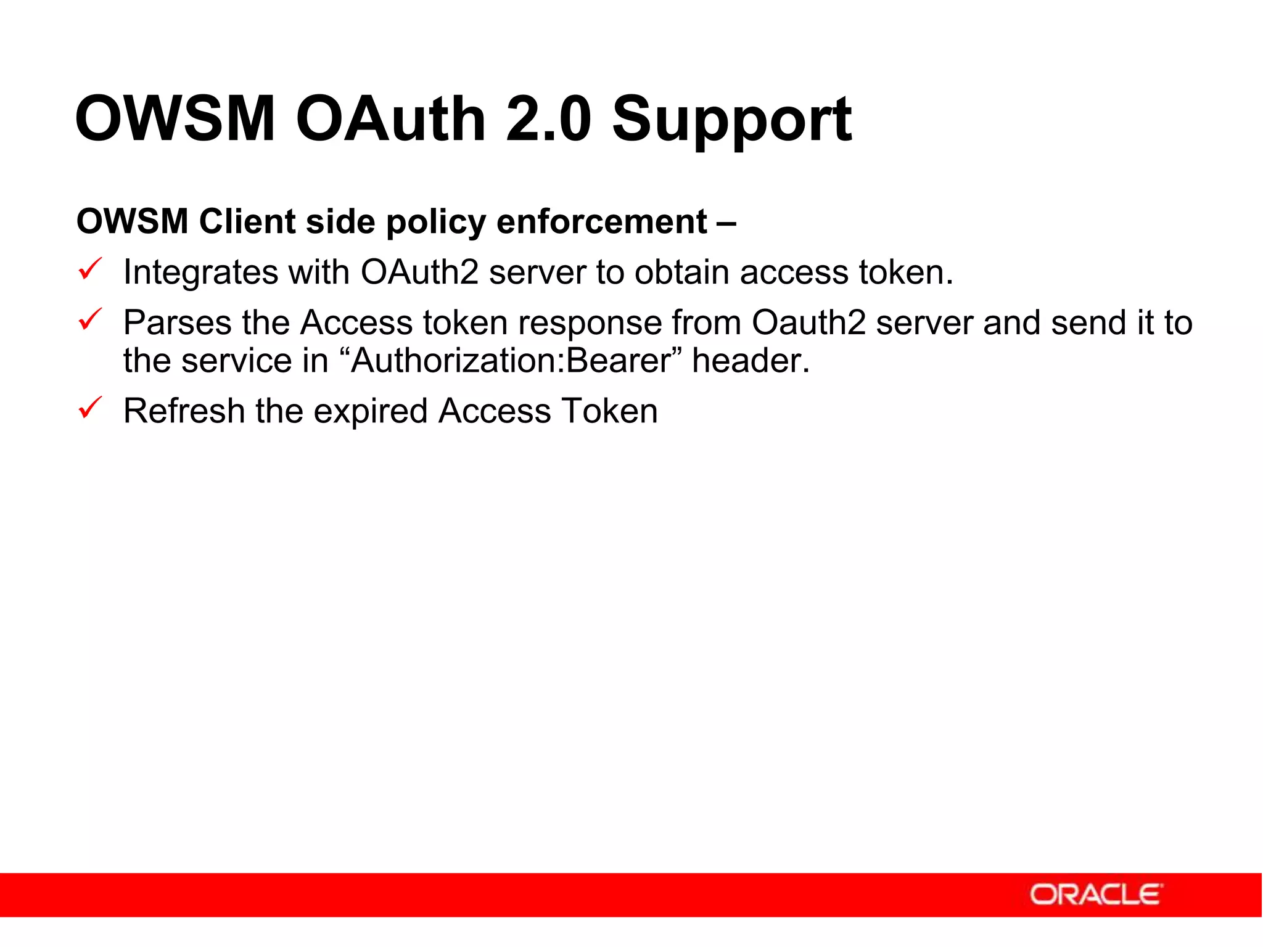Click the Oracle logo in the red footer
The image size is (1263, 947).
1096,895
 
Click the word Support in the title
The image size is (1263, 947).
731,120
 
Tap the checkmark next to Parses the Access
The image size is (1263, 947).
90,320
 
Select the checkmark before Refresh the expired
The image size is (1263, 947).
90,408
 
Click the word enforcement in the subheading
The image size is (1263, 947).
601,222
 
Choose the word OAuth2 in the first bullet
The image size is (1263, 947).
419,272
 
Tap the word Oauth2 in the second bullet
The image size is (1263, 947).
808,322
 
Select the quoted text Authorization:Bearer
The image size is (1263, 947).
511,361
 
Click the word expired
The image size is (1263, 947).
370,412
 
